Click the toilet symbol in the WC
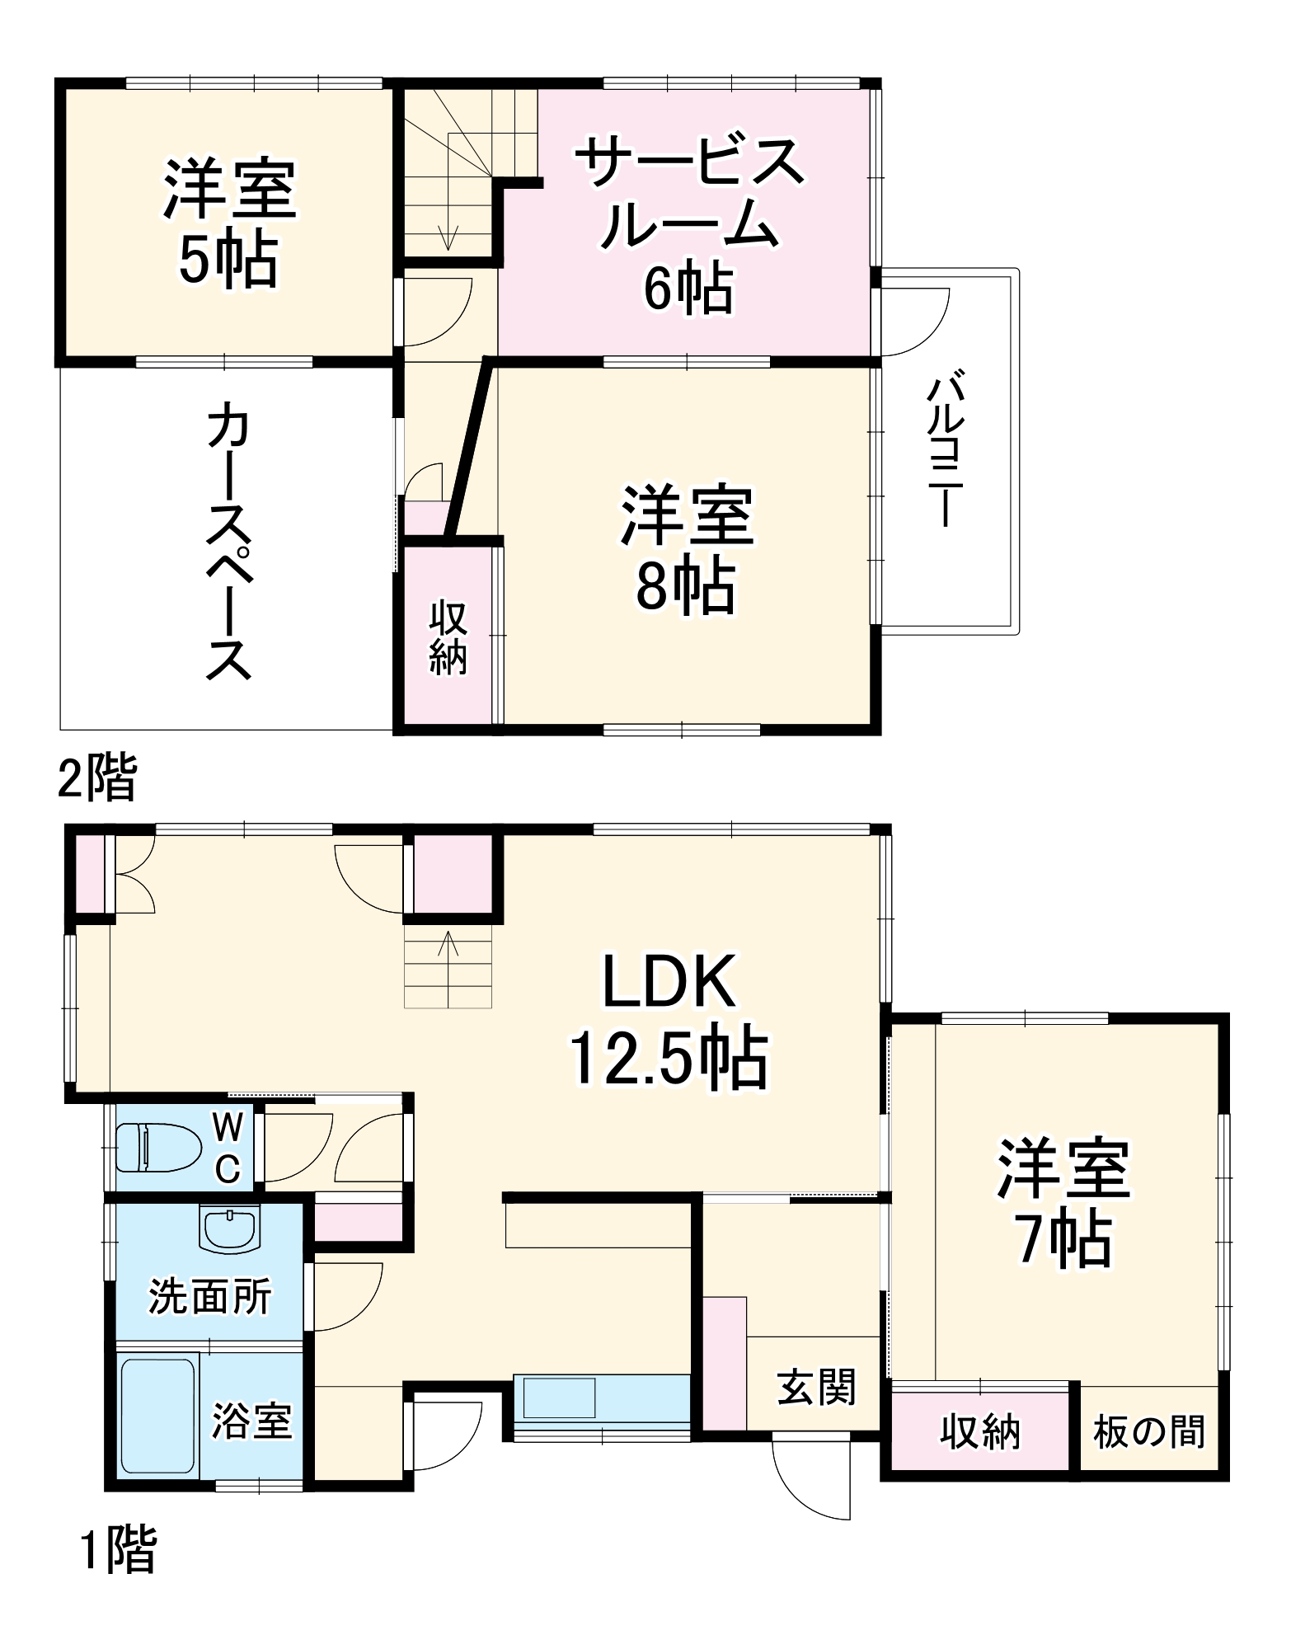tap(158, 1147)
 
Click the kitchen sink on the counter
tap(559, 1398)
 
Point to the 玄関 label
tap(817, 1387)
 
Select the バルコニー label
tap(945, 451)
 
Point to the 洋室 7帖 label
tap(1063, 1204)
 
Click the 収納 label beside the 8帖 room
tap(448, 638)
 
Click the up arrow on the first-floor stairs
tap(448, 944)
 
